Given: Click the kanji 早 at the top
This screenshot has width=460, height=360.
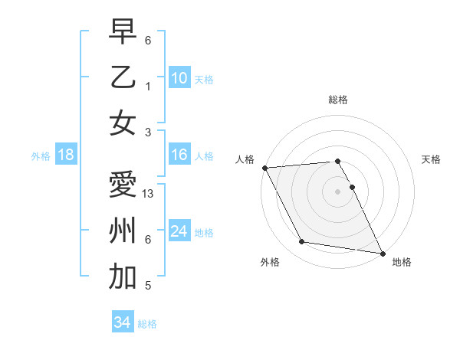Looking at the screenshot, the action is coord(123,32).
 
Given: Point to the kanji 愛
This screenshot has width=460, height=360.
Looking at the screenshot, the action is coord(123,185).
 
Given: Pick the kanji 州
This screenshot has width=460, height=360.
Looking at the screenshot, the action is coord(123,231).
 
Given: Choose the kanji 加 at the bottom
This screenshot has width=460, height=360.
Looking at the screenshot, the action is coord(123,277).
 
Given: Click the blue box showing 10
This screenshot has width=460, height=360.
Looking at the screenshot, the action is coord(179,77).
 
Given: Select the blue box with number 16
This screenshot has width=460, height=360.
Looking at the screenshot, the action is coord(179,155).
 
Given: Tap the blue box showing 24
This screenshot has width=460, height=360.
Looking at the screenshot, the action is coord(179,231).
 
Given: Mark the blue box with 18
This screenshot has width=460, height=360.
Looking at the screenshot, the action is coord(65,155).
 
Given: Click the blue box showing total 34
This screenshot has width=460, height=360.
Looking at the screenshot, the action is coord(122,322).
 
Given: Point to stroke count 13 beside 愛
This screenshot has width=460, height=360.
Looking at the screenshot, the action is coord(149,194).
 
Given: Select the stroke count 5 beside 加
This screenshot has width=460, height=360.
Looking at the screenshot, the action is coord(147,286).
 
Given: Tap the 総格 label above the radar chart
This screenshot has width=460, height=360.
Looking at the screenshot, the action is coord(337,100).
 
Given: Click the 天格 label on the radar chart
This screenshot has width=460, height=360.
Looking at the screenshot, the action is coord(431,159).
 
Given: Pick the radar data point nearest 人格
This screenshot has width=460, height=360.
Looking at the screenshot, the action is coord(264,168).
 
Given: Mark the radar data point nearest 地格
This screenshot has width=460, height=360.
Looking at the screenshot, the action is coord(382,252).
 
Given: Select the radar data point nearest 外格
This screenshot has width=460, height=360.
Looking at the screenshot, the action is coord(301,242).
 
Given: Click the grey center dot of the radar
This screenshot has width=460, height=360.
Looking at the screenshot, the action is coord(337,191).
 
